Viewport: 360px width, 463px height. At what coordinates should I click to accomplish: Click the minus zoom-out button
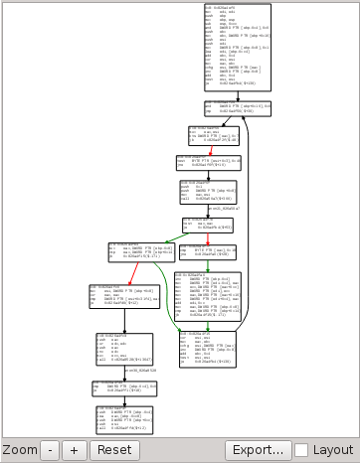(x=51, y=449)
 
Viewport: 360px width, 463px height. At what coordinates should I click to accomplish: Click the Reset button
(x=114, y=449)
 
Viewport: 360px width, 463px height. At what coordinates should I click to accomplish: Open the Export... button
(x=258, y=449)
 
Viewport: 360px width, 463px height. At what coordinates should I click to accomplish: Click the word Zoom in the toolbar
(x=20, y=450)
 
